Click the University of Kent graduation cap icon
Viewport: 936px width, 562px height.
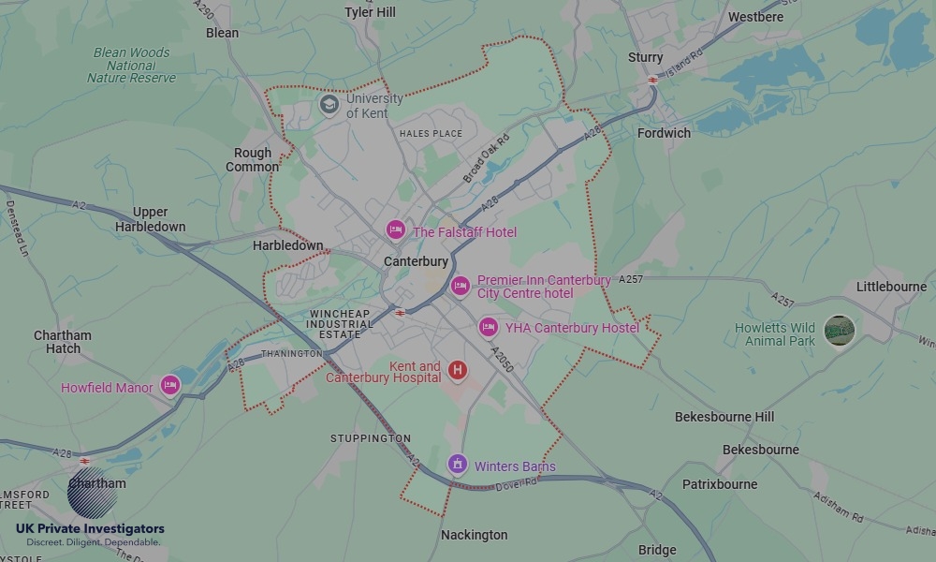coord(329,103)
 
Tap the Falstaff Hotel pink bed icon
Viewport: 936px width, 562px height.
coord(396,229)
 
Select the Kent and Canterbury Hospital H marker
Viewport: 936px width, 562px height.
coord(458,370)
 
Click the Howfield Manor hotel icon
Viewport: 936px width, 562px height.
coord(169,385)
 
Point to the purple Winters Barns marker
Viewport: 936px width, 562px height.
coord(457,463)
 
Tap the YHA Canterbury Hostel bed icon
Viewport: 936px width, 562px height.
coord(488,327)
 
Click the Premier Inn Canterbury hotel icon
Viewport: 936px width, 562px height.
coord(460,286)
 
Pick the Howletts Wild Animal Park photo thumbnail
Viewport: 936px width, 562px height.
coord(840,331)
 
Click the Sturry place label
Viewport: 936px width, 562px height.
coord(646,57)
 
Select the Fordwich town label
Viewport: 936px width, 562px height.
coord(664,133)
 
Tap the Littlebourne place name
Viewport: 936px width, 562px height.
coord(891,287)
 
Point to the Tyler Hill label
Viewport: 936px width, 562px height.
coord(371,12)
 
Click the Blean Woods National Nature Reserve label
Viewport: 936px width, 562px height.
coord(131,66)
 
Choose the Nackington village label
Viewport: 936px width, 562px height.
coord(475,535)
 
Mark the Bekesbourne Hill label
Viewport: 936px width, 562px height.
coord(724,417)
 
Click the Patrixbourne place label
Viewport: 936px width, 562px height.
coord(720,484)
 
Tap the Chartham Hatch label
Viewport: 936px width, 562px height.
coord(63,342)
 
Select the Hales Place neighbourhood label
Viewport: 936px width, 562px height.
coord(431,134)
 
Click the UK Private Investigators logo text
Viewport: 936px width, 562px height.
coord(90,529)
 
